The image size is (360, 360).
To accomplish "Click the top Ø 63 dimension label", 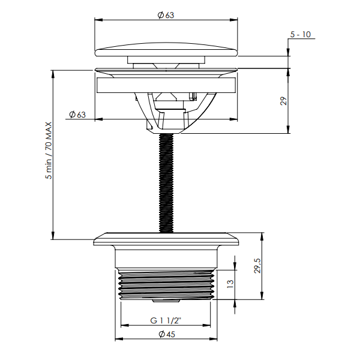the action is tap(166, 15).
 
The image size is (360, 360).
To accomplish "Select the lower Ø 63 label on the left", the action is tap(77, 115).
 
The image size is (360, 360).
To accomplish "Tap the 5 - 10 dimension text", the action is tap(301, 34).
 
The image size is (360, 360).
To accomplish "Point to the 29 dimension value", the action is tap(284, 101).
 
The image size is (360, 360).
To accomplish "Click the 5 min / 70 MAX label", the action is tap(49, 151).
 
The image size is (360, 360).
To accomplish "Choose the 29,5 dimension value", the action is tap(257, 266).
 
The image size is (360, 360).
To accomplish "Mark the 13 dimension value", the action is tap(230, 284).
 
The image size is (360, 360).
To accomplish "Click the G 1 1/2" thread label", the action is tap(166, 320).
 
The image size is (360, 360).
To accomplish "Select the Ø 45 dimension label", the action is tap(167, 334).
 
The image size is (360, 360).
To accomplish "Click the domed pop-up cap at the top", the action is tap(166, 49).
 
